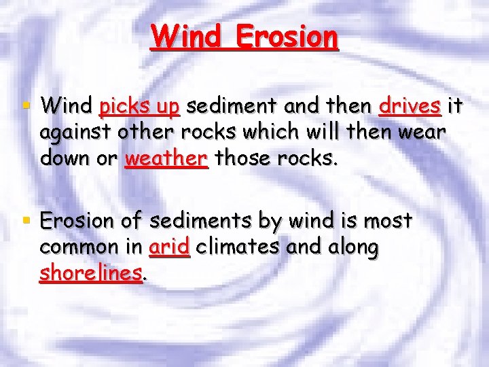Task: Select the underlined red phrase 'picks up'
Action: pyautogui.click(x=139, y=107)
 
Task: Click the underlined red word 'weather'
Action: pyautogui.click(x=166, y=158)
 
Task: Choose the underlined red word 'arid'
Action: pyautogui.click(x=170, y=247)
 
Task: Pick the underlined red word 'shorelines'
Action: pyautogui.click(x=91, y=273)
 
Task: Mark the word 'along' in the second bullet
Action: pyautogui.click(x=351, y=248)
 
